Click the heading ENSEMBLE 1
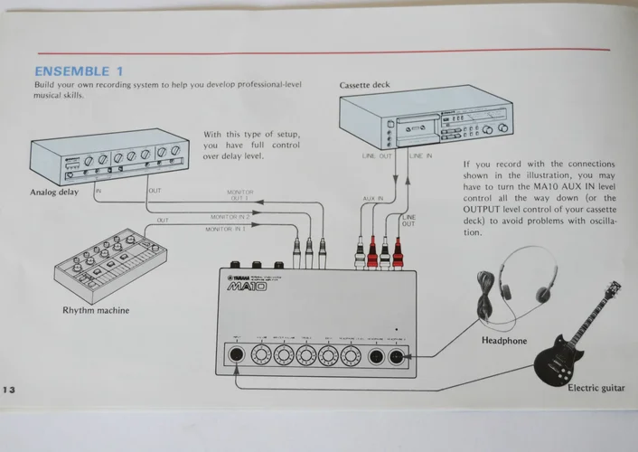[x=79, y=71]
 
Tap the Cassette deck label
[x=367, y=86]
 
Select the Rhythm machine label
[x=96, y=310]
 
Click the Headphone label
[x=499, y=341]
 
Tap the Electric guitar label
[x=596, y=388]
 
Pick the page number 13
[x=11, y=388]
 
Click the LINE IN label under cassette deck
[x=421, y=155]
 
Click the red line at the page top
[x=325, y=50]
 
